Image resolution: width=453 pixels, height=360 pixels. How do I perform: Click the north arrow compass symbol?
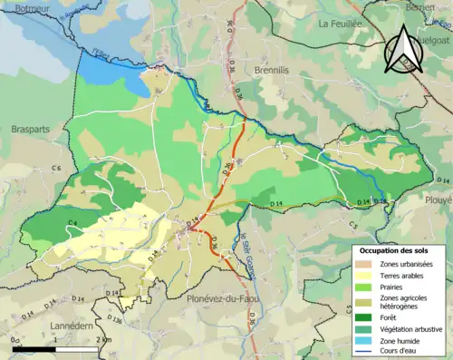pos(405,50)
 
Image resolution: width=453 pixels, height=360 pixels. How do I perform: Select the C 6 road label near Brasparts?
pos(56,169)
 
